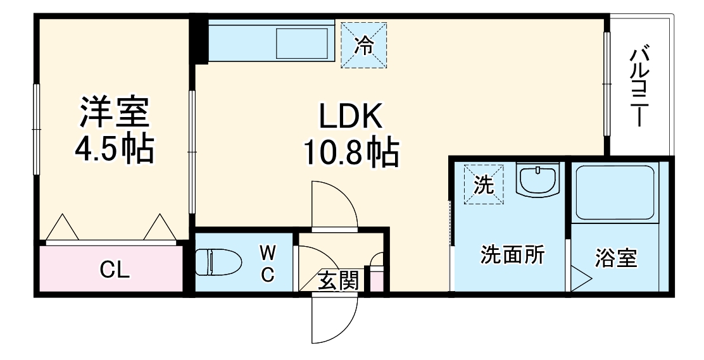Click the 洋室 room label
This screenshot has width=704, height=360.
tap(115, 113)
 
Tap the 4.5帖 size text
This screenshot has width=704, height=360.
tap(115, 150)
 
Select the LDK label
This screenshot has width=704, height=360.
tap(350, 117)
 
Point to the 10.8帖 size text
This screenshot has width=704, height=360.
tap(351, 154)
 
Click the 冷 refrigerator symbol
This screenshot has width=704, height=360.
tap(364, 45)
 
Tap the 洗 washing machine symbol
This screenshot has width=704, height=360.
tap(484, 185)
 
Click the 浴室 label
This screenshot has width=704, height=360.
tap(615, 258)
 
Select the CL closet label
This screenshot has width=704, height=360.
tap(115, 270)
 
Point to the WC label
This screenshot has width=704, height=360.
tap(268, 264)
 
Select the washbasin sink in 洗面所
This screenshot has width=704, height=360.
tap(537, 180)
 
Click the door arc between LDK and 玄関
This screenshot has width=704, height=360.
tap(335, 206)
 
